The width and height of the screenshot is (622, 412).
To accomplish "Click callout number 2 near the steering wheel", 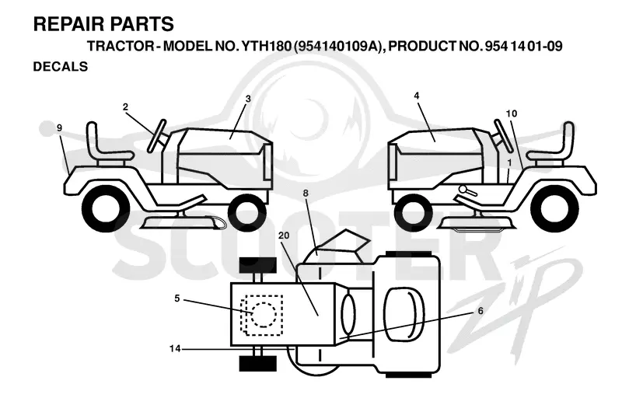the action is pos(125,107).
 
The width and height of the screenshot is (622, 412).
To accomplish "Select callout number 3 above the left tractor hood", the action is pos(248,99).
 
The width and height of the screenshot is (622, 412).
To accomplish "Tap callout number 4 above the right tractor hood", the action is pos(416,96).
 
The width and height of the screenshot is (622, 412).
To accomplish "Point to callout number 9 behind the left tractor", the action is pos(60,127).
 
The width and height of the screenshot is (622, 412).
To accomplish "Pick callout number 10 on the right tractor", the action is pos(512,113).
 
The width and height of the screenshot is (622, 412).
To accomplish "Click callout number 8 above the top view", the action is pos(306,194).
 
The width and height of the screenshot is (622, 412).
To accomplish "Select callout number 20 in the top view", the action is pos(284,236).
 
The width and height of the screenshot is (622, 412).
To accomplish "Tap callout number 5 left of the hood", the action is pos(177,299).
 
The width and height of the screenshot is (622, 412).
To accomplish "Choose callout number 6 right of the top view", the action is pos(480,310).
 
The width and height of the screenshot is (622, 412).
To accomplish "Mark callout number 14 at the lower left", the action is pos(175,348).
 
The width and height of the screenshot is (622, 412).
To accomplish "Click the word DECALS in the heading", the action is pos(61,67).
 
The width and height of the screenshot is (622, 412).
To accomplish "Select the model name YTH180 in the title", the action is pos(265,46).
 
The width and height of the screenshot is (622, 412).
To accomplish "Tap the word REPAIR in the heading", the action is pos(65,24).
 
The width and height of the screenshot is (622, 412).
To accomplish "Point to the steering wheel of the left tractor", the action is pos(156,135).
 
